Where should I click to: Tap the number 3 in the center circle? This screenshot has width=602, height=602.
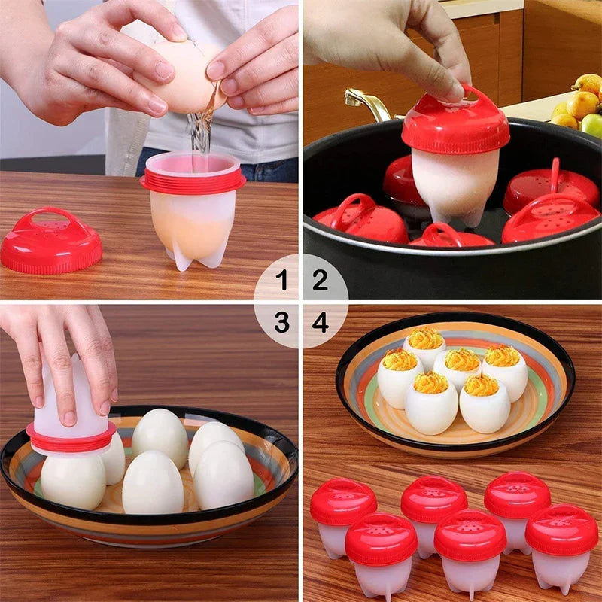281,323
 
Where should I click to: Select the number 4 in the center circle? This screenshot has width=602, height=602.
321,323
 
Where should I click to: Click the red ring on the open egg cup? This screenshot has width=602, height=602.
193,181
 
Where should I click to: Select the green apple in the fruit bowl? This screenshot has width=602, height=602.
593,125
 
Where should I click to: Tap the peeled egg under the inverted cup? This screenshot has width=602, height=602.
73,480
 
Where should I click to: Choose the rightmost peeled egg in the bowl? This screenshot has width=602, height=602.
223,475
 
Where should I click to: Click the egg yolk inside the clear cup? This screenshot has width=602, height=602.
188,226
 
